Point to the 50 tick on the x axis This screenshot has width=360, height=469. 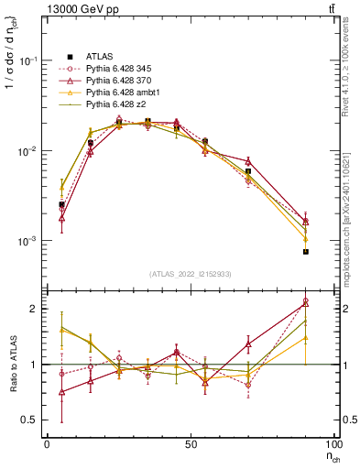pyautogui.click(x=191, y=443)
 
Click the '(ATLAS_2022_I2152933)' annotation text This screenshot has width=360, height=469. pyautogui.click(x=189, y=274)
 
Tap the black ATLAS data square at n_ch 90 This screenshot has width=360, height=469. pyautogui.click(x=306, y=252)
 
